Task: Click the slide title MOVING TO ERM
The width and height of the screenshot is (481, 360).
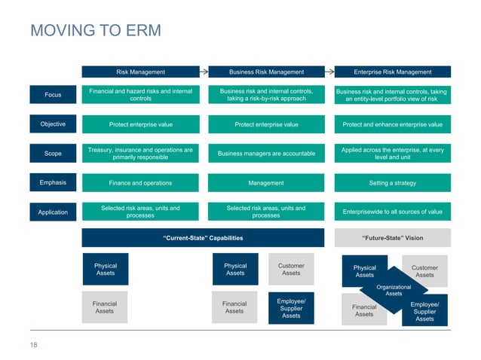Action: point(95,31)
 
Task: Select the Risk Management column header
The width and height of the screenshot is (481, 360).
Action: point(140,72)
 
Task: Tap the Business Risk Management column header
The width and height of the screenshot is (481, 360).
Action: point(266,72)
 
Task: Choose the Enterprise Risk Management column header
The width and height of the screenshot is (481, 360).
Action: point(392,72)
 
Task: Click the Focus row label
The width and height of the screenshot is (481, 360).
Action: point(53,95)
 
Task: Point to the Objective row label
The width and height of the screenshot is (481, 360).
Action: point(53,124)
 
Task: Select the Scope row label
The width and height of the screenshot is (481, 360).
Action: point(53,154)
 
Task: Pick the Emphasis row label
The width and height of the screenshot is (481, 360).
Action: point(53,183)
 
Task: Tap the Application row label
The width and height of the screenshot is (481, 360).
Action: point(53,212)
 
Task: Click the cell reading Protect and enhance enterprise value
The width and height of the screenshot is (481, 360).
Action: point(392,124)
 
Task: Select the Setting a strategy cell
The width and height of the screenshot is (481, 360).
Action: point(392,183)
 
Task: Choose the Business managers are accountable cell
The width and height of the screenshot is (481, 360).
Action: point(266,154)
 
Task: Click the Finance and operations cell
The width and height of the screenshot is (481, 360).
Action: point(140,183)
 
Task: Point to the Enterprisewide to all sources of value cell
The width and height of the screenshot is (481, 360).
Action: point(392,212)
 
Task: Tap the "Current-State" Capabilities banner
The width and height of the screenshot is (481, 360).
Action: point(203,238)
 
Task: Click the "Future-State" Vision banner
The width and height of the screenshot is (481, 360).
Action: point(392,238)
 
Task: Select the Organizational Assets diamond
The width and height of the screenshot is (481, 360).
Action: point(394,290)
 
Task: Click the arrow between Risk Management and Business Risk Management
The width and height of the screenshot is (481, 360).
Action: point(204,72)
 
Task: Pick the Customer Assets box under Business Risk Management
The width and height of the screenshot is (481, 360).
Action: point(291,269)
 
